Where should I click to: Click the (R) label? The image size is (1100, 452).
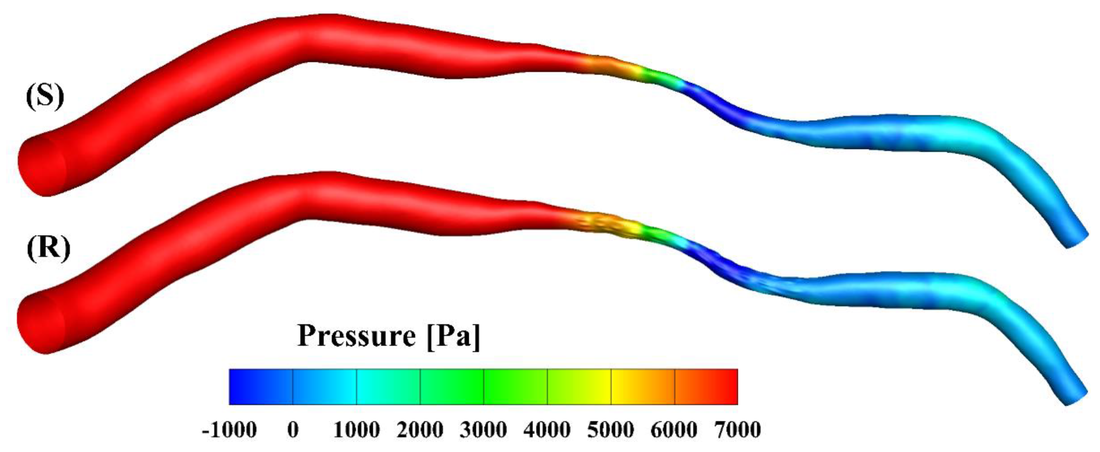[x=48, y=248]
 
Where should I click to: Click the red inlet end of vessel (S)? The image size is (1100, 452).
[x=40, y=167]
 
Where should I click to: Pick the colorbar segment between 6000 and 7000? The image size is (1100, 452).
[x=706, y=387]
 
